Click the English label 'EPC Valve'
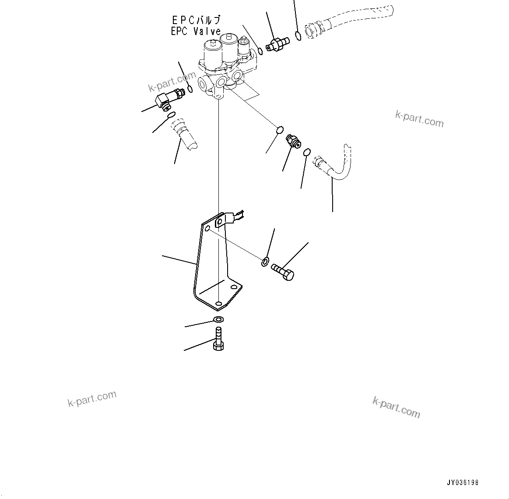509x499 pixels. click(196, 31)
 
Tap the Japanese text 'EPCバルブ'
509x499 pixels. click(196, 20)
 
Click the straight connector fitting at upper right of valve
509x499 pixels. click(277, 44)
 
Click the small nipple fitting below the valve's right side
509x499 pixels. click(292, 141)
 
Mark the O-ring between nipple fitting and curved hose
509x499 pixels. click(307, 152)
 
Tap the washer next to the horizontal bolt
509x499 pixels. click(265, 262)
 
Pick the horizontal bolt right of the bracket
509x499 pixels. click(282, 271)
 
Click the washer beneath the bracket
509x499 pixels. click(218, 319)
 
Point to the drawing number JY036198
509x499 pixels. click(463, 483)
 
